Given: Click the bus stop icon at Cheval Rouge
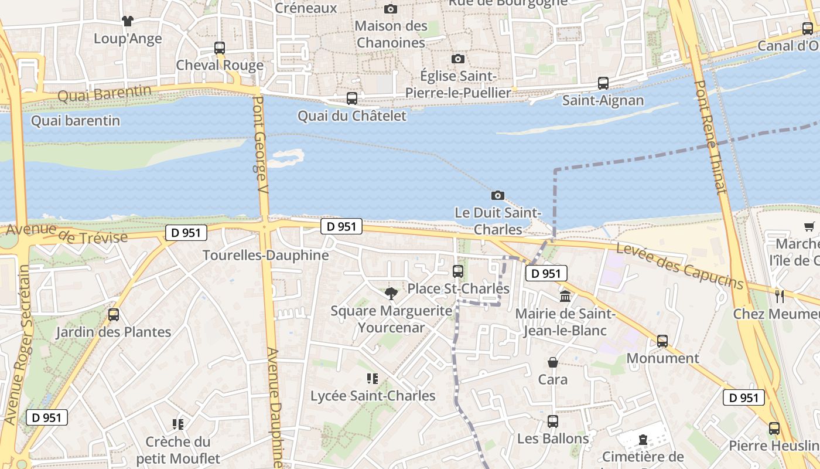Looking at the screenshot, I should (220, 48).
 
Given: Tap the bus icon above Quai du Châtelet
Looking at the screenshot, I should (352, 98).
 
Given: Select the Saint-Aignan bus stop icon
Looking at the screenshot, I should (603, 83).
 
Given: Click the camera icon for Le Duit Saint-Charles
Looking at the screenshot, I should (498, 195).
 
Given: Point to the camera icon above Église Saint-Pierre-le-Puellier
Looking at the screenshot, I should (458, 59).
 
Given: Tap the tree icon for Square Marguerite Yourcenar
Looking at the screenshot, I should (391, 293).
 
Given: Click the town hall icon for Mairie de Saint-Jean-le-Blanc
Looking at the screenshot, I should (565, 296).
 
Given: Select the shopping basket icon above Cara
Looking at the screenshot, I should (553, 362).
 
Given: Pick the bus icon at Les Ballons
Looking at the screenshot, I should (553, 421).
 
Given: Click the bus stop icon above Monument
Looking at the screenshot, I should (662, 341).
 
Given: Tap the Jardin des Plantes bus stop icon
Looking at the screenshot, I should (114, 315).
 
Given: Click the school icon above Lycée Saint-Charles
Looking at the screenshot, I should (373, 379).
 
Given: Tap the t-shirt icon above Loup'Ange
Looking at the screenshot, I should (128, 21).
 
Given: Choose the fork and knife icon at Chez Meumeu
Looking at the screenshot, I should (780, 296).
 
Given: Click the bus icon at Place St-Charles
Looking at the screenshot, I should (458, 271).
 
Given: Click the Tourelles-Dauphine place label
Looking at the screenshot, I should (265, 256).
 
